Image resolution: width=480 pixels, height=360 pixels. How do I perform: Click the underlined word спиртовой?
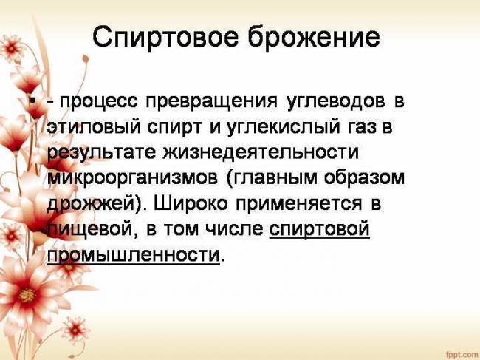click(319, 230)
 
